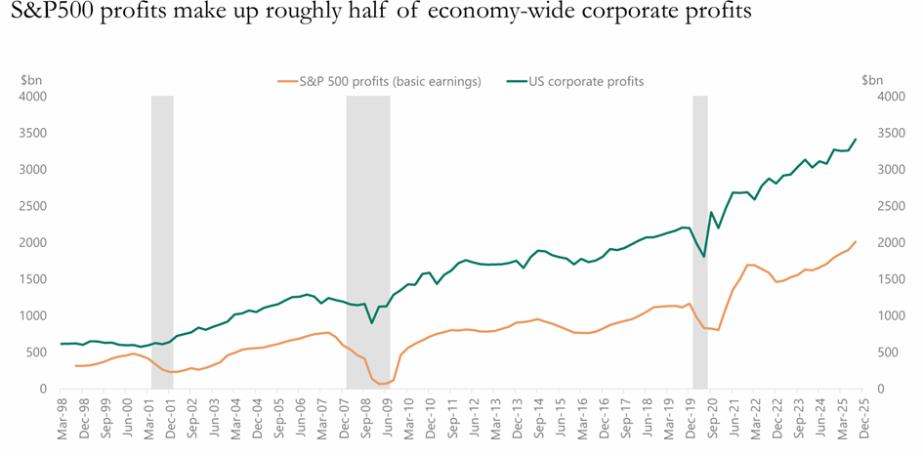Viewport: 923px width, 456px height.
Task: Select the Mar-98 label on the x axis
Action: tap(63, 419)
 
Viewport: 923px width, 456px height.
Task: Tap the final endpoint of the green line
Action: tap(857, 139)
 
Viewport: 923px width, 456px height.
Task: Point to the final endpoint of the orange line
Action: tap(857, 241)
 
